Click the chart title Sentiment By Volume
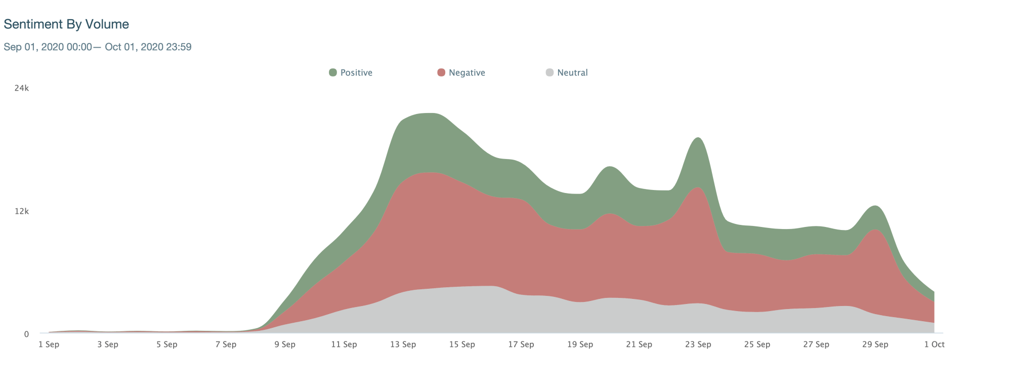pos(66,24)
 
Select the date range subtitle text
pos(98,47)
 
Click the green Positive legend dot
pos(333,72)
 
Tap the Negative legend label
pos(467,73)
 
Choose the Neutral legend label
pos(572,73)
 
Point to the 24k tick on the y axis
pos(22,88)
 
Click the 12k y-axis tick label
pos(22,211)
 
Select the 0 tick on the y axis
pos(26,334)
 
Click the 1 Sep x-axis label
pos(49,344)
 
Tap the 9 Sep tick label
pos(285,344)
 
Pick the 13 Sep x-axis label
pos(403,344)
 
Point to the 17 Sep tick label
pos(521,344)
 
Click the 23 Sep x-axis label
pos(698,344)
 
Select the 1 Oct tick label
pos(934,344)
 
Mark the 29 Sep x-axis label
pos(875,344)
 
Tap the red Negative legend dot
pos(441,72)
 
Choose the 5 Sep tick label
pos(167,344)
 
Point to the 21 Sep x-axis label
pos(639,344)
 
